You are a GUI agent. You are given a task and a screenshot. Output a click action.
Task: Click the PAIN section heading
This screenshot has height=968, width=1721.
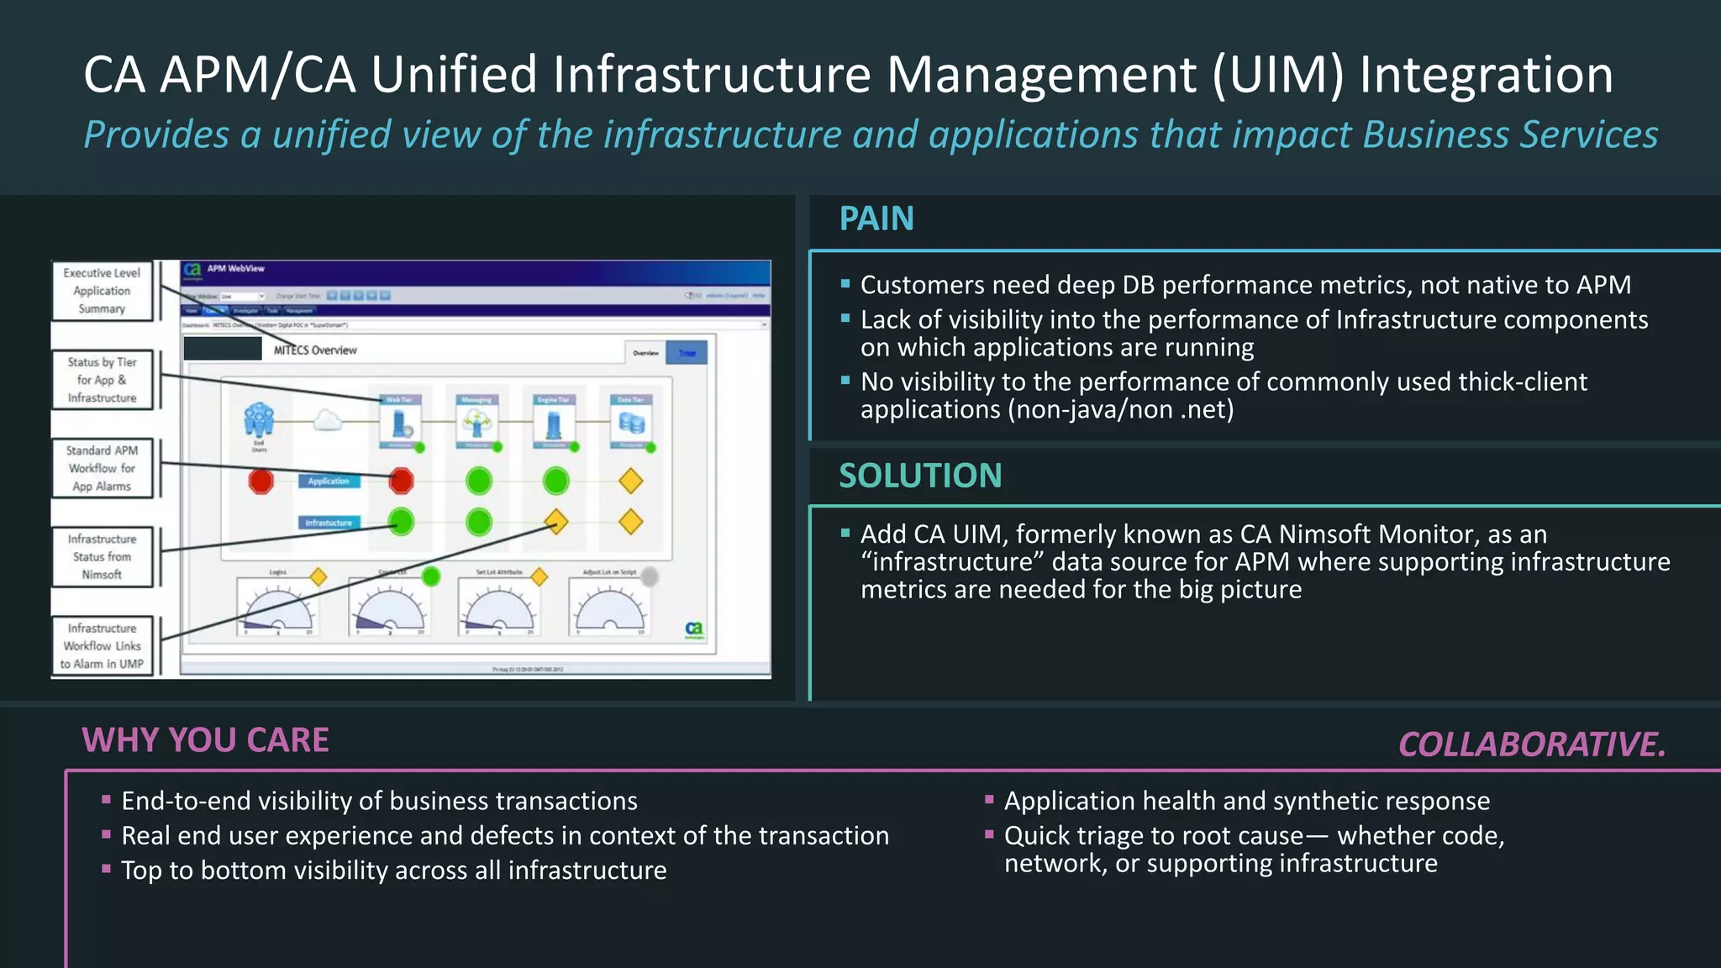point(876,219)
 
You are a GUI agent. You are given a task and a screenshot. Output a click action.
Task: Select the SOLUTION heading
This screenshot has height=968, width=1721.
point(920,476)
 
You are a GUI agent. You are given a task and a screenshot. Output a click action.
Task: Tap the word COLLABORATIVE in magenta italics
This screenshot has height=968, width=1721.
point(1531,744)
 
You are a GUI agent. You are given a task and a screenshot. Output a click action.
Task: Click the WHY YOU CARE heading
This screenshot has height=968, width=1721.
point(205,740)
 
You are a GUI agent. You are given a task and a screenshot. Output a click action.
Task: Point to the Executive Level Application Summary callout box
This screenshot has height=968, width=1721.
point(102,291)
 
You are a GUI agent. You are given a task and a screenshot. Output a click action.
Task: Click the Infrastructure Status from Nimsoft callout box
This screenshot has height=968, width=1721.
point(102,556)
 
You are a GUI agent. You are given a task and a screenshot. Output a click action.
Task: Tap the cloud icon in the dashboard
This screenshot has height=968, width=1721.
point(328,420)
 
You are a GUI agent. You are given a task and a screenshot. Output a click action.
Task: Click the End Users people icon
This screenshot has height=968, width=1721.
point(259,419)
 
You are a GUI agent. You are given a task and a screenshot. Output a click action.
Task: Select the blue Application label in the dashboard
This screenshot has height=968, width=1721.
point(329,481)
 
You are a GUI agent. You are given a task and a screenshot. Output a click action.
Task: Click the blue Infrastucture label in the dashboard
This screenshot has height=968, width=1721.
point(329,523)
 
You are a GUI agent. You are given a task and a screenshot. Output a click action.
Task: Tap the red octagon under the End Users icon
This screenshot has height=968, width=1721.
point(261,481)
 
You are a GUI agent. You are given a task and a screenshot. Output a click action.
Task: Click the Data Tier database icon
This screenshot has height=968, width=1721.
point(631,423)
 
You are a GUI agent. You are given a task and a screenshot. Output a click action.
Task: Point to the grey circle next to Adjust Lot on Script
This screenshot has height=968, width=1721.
point(650,576)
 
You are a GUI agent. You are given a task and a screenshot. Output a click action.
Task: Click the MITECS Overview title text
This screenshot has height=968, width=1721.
point(315,350)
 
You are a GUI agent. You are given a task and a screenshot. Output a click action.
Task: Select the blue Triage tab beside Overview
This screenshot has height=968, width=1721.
point(687,353)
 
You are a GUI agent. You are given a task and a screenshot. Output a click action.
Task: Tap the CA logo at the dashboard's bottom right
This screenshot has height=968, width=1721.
point(694,629)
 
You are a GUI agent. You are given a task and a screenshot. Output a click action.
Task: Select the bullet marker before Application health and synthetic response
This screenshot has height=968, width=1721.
point(989,800)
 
